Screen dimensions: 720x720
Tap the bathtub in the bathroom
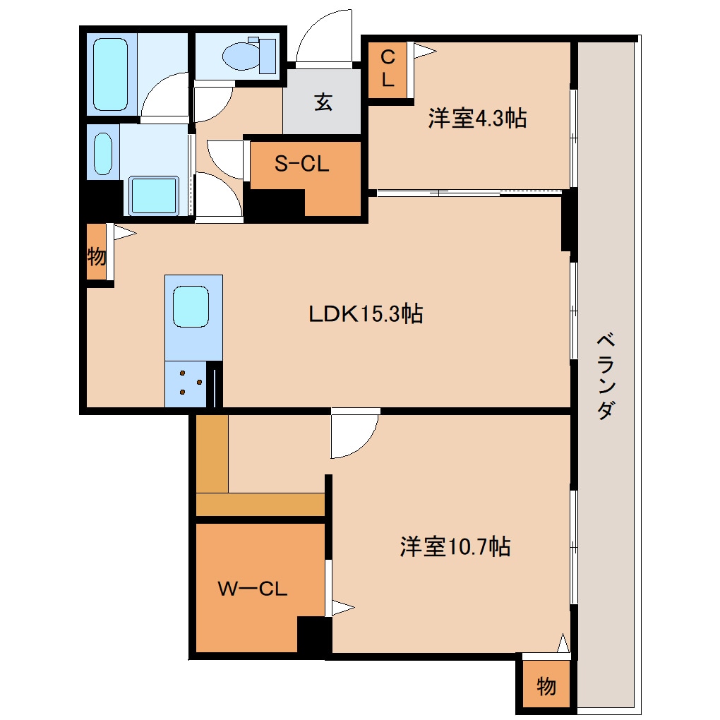[x=110, y=74]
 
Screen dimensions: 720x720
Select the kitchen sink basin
[x=191, y=306]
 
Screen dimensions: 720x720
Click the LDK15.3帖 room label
[x=366, y=314]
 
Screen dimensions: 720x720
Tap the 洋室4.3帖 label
[x=477, y=118]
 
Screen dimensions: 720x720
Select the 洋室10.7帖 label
[x=455, y=546]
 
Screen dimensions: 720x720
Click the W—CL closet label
[x=253, y=589]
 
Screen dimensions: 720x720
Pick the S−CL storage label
[x=301, y=164]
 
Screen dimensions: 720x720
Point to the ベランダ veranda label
[x=606, y=376]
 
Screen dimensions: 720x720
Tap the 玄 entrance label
[x=323, y=102]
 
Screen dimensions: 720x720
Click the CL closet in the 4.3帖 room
[x=388, y=70]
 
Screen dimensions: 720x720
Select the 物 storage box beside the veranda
[x=546, y=686]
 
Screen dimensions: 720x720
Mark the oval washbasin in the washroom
[x=103, y=154]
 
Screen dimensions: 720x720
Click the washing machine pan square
[x=153, y=195]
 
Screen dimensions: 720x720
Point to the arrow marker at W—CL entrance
[x=343, y=608]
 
